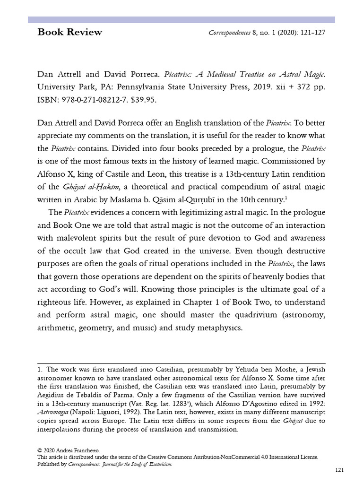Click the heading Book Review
[x=69, y=33]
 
